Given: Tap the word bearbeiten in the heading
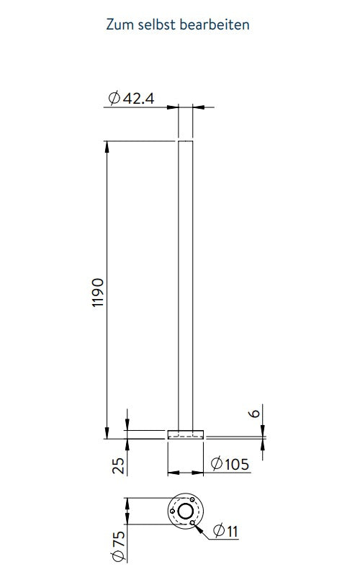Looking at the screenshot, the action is [x=215, y=24].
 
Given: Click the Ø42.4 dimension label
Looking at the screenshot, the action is [x=131, y=99].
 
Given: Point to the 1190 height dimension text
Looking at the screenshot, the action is [x=98, y=293].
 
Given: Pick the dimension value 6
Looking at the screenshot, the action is [x=255, y=412].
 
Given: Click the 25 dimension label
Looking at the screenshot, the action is [x=119, y=465].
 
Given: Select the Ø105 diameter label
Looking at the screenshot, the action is [x=230, y=464].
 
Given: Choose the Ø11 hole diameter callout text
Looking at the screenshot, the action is [x=226, y=531].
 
